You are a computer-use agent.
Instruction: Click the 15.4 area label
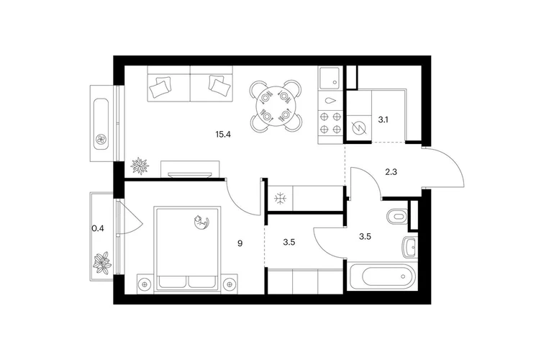pyautogui.click(x=223, y=134)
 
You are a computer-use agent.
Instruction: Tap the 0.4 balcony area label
pyautogui.click(x=98, y=228)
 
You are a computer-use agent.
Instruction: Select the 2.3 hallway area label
pyautogui.click(x=391, y=172)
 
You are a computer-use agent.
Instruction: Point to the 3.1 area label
pyautogui.click(x=383, y=120)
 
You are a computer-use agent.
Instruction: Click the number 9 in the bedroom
pyautogui.click(x=240, y=243)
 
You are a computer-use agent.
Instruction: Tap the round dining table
pyautogui.click(x=276, y=105)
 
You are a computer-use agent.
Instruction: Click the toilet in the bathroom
pyautogui.click(x=397, y=217)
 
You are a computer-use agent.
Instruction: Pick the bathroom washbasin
pyautogui.click(x=409, y=247)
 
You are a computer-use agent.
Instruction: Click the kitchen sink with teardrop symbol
pyautogui.click(x=331, y=101)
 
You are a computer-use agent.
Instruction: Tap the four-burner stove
pyautogui.click(x=331, y=123)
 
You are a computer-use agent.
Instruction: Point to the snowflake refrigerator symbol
pyautogui.click(x=281, y=199)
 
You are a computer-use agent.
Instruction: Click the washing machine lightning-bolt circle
pyautogui.click(x=358, y=127)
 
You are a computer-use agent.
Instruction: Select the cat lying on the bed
pyautogui.click(x=201, y=222)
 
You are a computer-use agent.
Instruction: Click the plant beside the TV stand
pyautogui.click(x=140, y=166)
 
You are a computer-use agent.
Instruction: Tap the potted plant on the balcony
pyautogui.click(x=102, y=262)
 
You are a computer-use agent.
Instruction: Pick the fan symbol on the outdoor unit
pyautogui.click(x=101, y=140)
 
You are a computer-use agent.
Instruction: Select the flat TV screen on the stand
pyautogui.click(x=190, y=175)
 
